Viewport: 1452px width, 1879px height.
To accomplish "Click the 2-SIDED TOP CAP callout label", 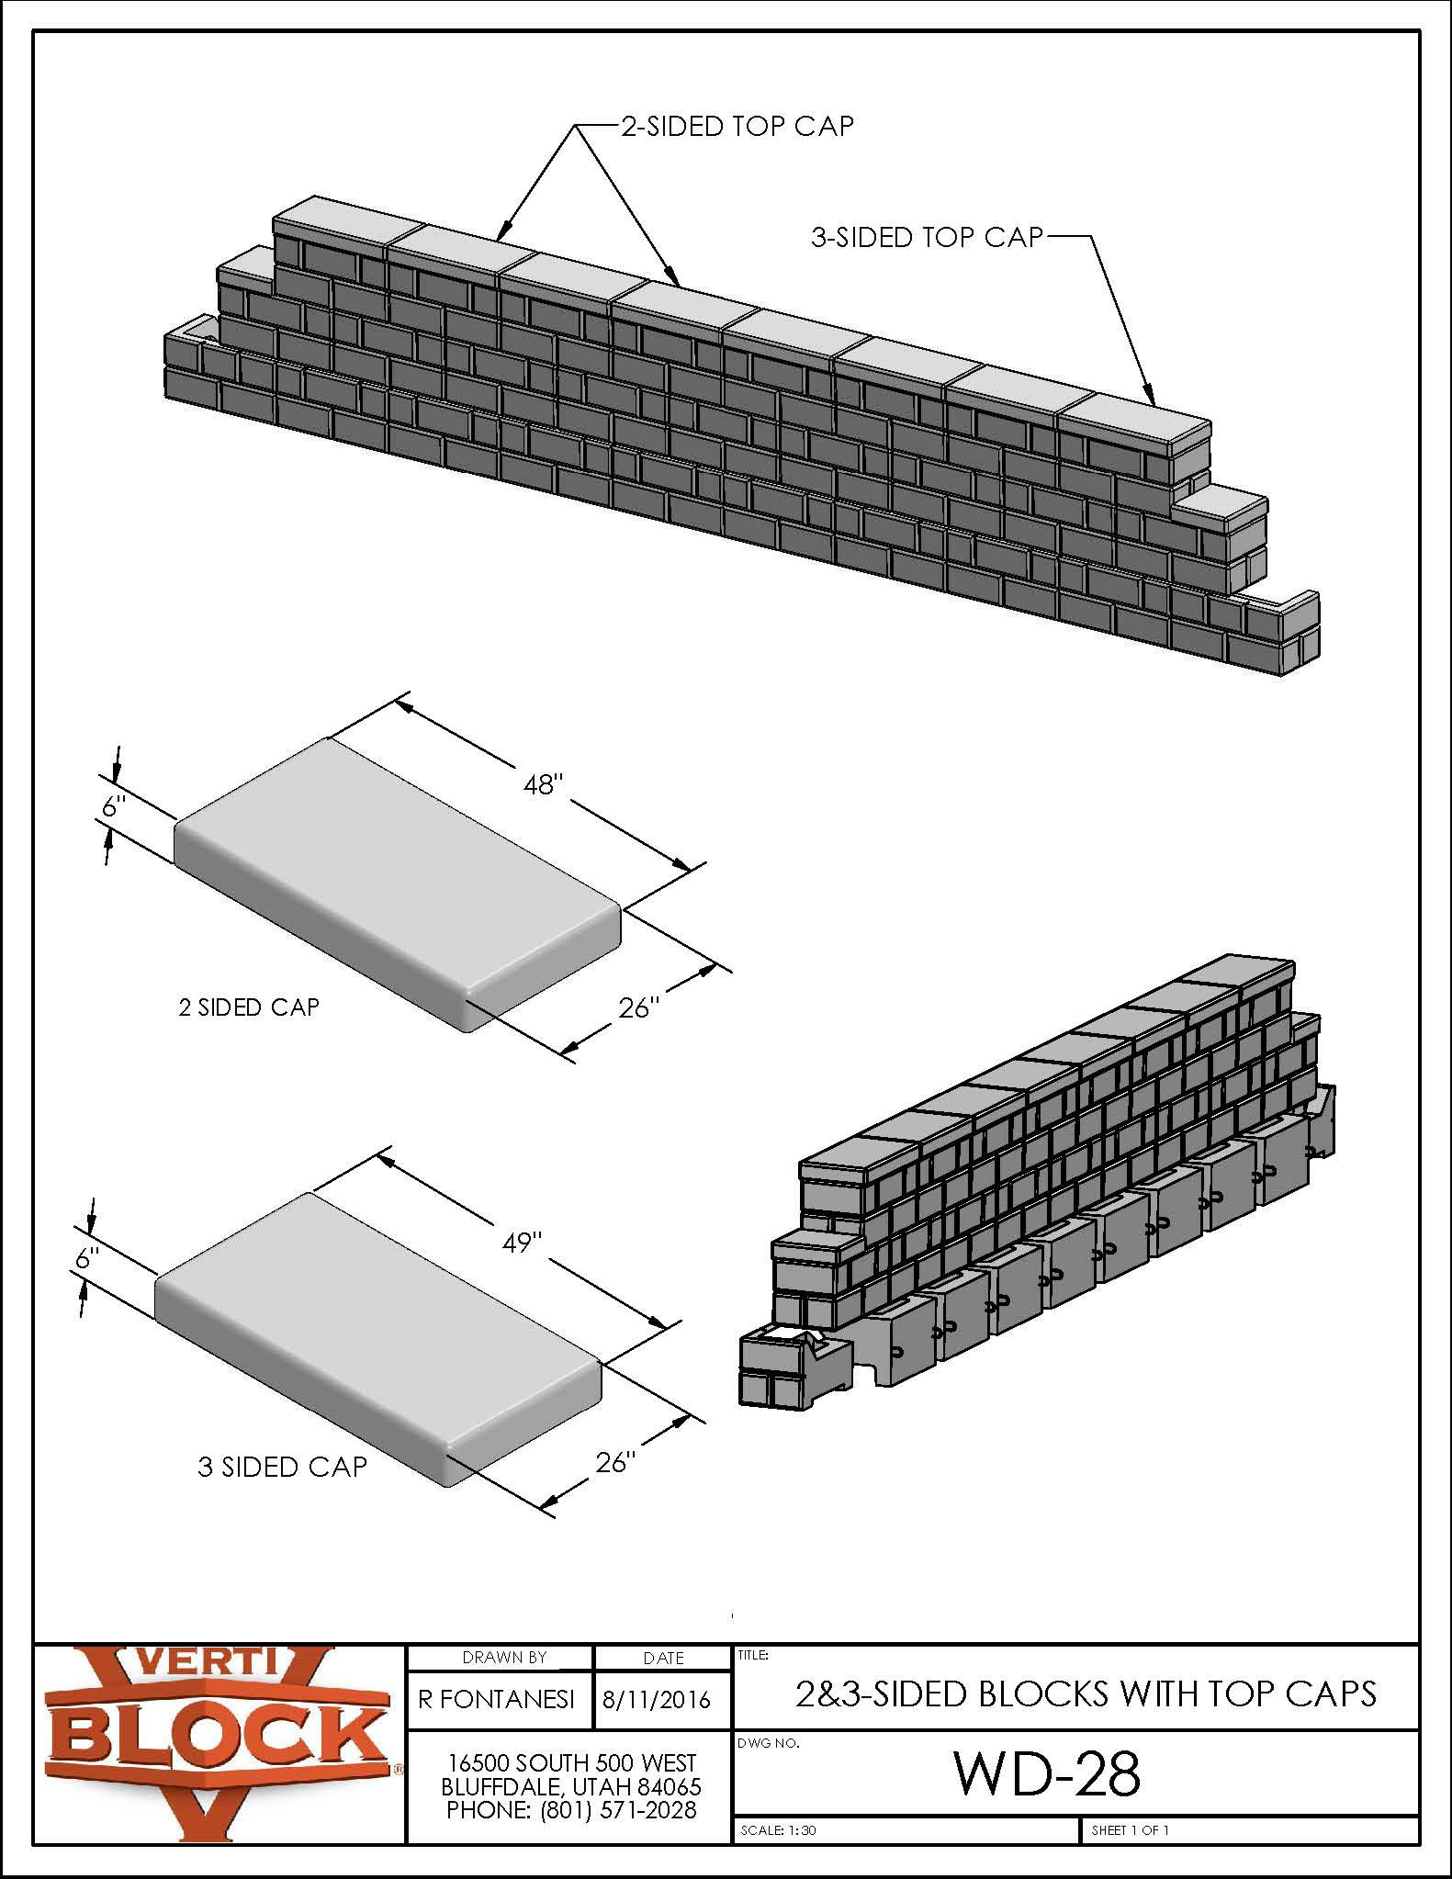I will point(737,126).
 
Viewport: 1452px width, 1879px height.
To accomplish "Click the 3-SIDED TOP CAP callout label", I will point(928,238).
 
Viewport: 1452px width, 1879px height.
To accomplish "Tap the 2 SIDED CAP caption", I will point(249,1007).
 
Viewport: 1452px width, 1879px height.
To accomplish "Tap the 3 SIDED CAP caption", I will point(282,1467).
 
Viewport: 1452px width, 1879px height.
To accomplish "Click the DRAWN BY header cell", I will point(504,1658).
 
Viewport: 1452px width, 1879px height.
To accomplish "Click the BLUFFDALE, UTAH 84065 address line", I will point(570,1786).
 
